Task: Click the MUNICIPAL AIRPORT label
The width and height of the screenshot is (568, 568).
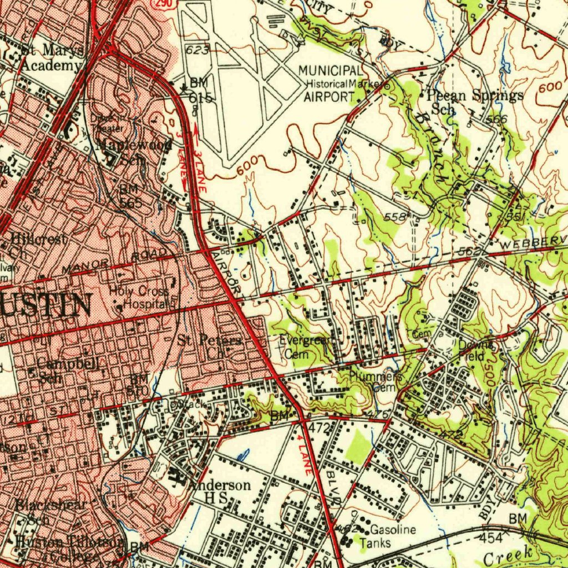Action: (x=331, y=83)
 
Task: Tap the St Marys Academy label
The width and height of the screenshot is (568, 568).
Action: (x=52, y=58)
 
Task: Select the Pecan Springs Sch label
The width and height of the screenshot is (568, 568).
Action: (x=474, y=102)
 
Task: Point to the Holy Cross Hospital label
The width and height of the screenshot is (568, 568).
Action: (x=139, y=297)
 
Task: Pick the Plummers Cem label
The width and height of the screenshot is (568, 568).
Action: (x=376, y=382)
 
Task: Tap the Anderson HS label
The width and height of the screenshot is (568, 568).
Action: (x=220, y=491)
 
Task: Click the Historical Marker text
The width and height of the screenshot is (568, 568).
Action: (x=344, y=84)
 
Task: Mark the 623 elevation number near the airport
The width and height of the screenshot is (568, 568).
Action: (x=197, y=50)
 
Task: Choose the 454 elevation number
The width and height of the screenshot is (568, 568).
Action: (x=490, y=537)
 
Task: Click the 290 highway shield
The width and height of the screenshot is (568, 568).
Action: (x=165, y=4)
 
